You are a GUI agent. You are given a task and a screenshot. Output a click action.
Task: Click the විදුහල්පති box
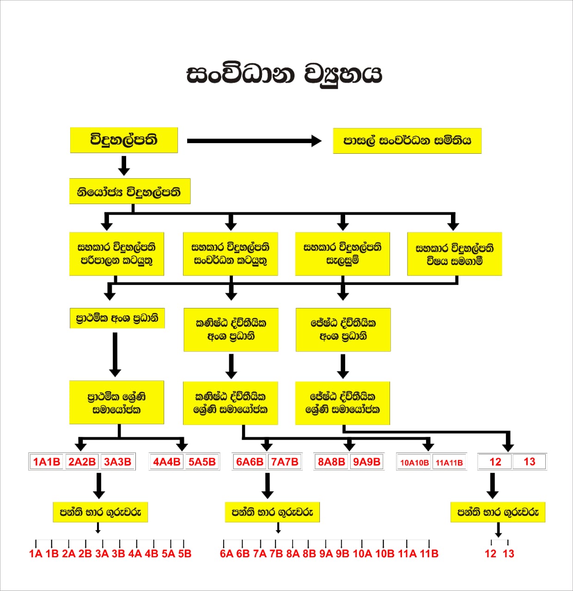pos(124,140)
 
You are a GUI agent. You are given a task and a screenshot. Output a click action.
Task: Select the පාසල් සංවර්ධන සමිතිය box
pos(407,141)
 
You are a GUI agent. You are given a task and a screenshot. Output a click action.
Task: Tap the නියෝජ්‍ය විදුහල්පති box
pos(130,191)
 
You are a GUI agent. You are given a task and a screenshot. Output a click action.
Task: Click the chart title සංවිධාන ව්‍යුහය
pos(284,74)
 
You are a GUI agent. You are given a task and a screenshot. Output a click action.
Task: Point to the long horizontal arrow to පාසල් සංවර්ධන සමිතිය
pos(254,141)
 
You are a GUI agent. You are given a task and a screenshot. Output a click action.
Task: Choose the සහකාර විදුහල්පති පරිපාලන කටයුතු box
pos(116,254)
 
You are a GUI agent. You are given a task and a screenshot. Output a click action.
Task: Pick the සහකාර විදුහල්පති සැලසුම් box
pos(342,254)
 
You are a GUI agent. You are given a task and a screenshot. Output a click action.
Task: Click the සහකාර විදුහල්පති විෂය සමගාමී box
pos(454,254)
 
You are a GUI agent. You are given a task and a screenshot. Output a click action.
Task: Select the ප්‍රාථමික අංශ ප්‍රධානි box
pos(117,318)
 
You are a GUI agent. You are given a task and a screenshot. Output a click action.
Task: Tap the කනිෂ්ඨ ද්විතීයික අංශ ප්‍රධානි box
pos(231,330)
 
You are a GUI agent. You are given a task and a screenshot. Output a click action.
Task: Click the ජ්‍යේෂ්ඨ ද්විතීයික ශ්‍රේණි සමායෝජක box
pos(342,403)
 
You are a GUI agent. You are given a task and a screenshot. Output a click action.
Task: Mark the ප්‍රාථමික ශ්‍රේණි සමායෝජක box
pos(116,402)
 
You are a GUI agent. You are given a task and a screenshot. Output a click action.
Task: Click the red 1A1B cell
pos(47,462)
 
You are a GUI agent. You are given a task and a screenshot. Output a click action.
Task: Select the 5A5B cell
pos(202,462)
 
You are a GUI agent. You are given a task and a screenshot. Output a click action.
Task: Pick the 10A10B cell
pos(415,462)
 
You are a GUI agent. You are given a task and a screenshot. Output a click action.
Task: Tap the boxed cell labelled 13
pos(529,462)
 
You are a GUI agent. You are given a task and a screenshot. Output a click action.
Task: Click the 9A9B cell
pos(366,462)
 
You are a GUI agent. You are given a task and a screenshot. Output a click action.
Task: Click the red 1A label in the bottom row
pos(36,554)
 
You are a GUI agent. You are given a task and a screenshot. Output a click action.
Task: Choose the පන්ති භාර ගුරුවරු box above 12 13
pos(498,512)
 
